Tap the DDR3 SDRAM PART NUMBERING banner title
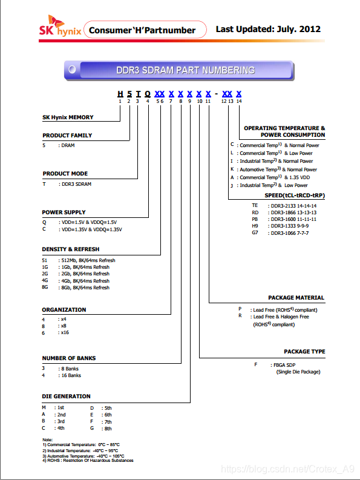(186, 70)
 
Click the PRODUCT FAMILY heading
(67, 136)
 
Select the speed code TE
(255, 205)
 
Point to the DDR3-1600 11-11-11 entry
(293, 219)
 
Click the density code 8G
(45, 287)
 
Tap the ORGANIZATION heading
(64, 310)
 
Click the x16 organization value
(65, 332)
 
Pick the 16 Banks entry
(71, 375)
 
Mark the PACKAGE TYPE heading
(304, 352)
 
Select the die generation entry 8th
(108, 429)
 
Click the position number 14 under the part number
(239, 101)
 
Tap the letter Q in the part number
(148, 94)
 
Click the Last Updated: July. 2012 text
(268, 29)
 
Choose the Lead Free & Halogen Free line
(281, 317)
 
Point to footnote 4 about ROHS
(88, 461)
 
